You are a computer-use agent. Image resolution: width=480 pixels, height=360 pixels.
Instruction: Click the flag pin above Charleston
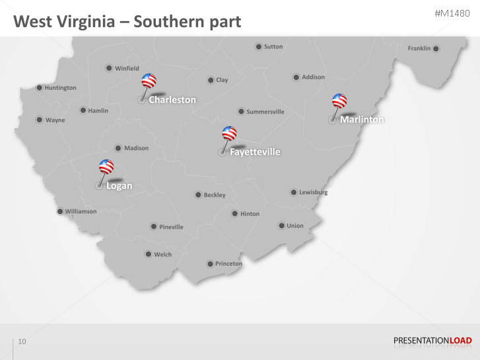pos(149,81)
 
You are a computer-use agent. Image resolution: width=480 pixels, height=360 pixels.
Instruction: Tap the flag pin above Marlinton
pos(339,101)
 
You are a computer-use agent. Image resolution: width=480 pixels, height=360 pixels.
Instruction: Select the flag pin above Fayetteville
pos(229,133)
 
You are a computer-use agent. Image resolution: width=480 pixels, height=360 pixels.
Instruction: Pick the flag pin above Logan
pos(106,167)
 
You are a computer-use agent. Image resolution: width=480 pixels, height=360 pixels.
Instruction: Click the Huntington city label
pos(60,88)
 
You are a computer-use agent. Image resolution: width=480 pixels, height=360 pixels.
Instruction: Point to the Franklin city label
pos(419,48)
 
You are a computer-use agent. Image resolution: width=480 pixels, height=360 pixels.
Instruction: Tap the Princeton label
pos(228,264)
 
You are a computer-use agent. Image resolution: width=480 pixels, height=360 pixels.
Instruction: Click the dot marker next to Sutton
pos(259,47)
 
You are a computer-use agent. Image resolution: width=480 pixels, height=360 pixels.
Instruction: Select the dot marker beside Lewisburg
pos(294,192)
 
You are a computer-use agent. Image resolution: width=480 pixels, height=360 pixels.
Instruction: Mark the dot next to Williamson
pos(60,211)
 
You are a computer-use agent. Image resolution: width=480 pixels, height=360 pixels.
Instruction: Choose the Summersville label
pos(265,112)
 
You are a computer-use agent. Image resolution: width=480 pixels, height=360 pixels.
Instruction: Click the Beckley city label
pos(215,195)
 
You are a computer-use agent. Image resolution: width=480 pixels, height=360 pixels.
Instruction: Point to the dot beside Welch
pos(149,254)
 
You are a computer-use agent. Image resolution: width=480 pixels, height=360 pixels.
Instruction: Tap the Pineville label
pos(171,227)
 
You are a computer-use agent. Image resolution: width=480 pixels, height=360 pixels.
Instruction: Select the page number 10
pos(22,342)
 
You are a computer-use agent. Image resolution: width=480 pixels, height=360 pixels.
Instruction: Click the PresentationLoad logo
pos(432,341)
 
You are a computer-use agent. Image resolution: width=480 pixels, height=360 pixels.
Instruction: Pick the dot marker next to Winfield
pos(109,68)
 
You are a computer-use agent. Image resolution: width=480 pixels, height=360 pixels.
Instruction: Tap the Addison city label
pos(313,77)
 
